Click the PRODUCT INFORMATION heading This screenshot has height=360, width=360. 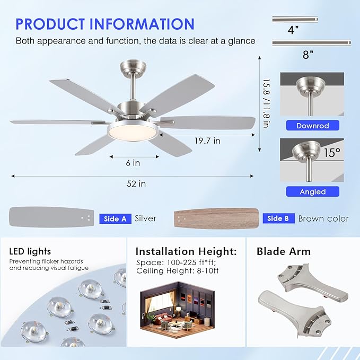(105, 24)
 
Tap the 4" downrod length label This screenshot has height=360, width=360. (292, 30)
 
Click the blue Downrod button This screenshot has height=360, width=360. (312, 126)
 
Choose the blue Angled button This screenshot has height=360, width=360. (312, 191)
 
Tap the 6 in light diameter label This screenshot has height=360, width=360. (133, 163)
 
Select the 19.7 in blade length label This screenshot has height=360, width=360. (206, 141)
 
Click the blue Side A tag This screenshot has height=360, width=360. (115, 218)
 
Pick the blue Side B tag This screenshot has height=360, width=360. (278, 218)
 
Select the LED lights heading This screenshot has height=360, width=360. (30, 251)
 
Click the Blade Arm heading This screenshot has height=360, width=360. (284, 251)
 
